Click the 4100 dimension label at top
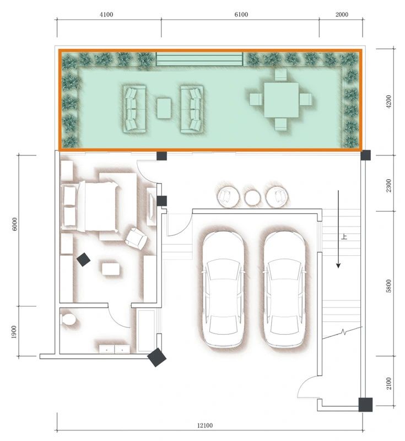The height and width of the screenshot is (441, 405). (x=106, y=14)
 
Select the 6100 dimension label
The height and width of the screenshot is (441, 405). (x=241, y=14)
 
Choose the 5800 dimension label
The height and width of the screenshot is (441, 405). (x=389, y=286)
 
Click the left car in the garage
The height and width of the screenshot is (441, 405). (x=223, y=288)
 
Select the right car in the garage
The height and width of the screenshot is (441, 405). (x=283, y=288)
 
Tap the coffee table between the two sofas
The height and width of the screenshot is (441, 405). (x=164, y=108)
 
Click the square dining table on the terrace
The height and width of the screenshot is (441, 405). (x=281, y=100)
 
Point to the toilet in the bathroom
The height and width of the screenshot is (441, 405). (x=69, y=320)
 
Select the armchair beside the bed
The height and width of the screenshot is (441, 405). (x=136, y=238)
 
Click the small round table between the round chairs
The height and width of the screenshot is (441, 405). (x=252, y=197)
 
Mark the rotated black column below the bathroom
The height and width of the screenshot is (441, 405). (x=157, y=357)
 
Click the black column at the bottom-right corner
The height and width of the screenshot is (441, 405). (x=365, y=405)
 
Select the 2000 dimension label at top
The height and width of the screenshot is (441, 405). (x=341, y=14)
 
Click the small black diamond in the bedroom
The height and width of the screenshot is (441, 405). (x=83, y=259)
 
